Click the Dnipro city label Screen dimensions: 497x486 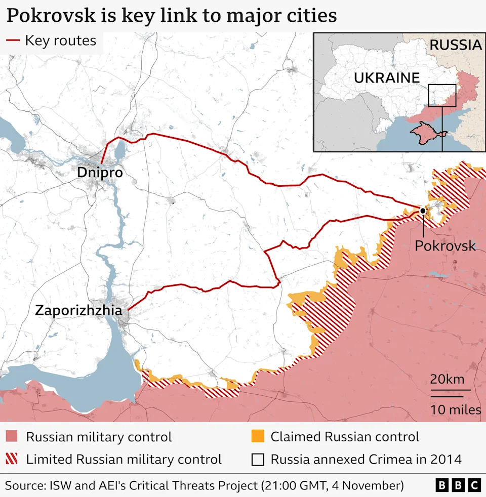100,173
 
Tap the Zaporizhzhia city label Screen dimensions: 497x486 78,310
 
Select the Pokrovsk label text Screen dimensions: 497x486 445,246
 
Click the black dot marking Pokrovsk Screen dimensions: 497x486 422,210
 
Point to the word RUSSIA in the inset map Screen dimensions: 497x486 455,45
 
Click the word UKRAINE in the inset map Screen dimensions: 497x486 387,77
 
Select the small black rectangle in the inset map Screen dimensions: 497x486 442,95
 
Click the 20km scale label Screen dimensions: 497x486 448,379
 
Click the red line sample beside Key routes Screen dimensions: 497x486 13,40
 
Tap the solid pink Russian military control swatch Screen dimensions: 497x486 12,437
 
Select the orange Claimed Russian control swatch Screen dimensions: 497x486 258,437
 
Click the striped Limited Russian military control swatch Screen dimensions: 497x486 12,460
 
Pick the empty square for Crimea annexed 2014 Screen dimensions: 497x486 258,460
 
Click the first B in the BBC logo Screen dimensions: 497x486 442,485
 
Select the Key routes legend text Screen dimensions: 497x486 60,40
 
